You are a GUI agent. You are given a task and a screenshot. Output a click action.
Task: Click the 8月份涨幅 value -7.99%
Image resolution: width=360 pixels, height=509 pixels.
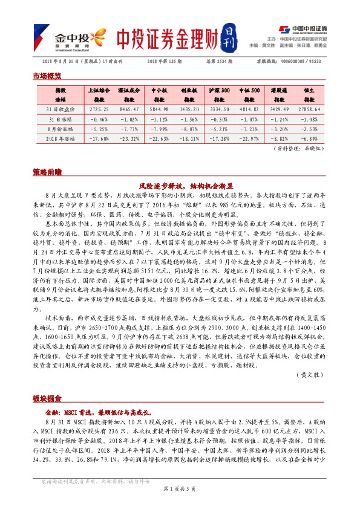(x=159, y=129)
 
